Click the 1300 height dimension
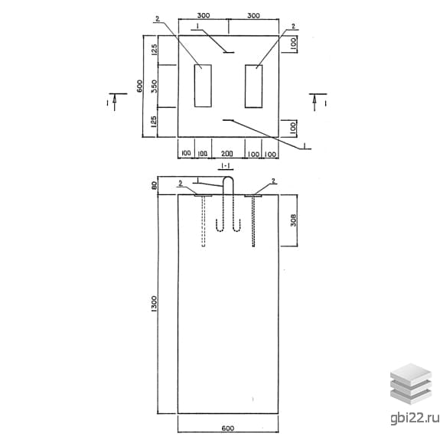(x=154, y=304)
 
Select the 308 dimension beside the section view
(x=293, y=220)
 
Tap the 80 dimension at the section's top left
(x=154, y=185)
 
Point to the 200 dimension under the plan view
(x=227, y=154)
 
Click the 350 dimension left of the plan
(x=154, y=86)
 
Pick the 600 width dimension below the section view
(x=227, y=429)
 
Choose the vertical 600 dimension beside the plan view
(x=139, y=86)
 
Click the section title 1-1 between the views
(x=226, y=166)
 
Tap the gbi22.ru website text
(x=415, y=418)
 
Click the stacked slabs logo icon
(x=411, y=384)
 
